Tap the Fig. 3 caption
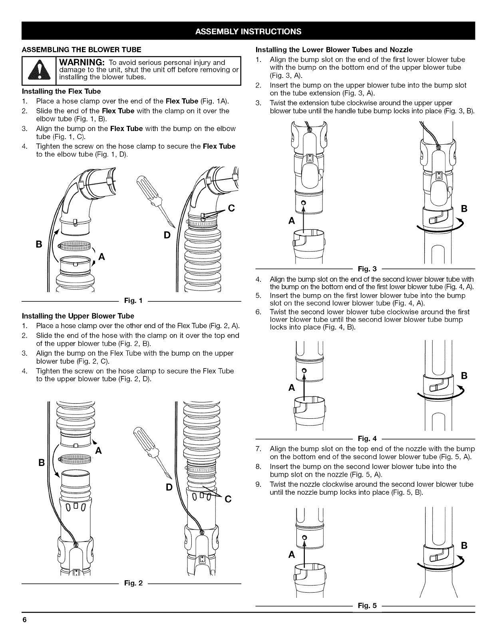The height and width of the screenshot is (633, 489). pos(365,269)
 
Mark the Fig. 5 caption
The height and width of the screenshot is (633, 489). pos(365,605)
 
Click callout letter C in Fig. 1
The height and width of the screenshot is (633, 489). pos(231,208)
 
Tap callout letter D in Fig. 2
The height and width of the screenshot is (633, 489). pos(169,488)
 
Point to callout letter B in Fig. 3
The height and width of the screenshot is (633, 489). pos(464,209)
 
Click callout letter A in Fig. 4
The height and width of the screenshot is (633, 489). pos(292,388)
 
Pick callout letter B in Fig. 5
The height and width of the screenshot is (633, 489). pos(464,545)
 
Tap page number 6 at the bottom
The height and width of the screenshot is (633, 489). pos(24,620)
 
